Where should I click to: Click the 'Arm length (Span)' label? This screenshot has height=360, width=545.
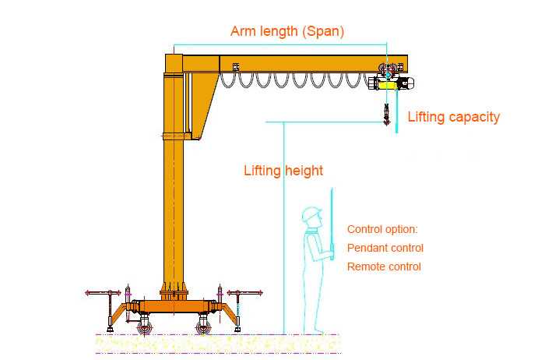(x=287, y=31)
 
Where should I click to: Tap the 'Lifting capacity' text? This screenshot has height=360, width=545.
(x=454, y=117)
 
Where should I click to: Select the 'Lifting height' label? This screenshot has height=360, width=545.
(x=283, y=171)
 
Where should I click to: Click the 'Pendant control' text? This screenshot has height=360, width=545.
(x=385, y=248)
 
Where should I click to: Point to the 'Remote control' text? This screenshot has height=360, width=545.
(x=384, y=266)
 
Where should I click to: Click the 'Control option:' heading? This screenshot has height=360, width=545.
(x=382, y=229)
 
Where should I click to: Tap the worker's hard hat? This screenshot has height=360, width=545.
(x=311, y=214)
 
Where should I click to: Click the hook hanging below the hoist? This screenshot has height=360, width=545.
(x=386, y=115)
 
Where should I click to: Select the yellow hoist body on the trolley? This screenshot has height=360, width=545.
(x=387, y=84)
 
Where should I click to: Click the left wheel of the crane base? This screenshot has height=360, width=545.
(x=143, y=328)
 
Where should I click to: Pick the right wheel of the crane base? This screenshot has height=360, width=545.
(x=202, y=328)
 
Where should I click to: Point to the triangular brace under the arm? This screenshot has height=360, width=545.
(x=204, y=104)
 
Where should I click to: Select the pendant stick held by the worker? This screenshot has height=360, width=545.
(x=332, y=224)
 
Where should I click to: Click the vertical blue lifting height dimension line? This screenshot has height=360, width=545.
(x=284, y=228)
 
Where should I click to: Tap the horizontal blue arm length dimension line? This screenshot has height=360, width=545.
(x=280, y=44)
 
